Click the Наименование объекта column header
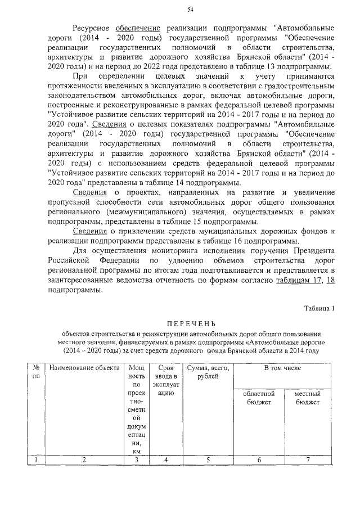pos(84,368)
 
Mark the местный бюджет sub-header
pos(307,398)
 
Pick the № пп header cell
pos(35,372)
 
